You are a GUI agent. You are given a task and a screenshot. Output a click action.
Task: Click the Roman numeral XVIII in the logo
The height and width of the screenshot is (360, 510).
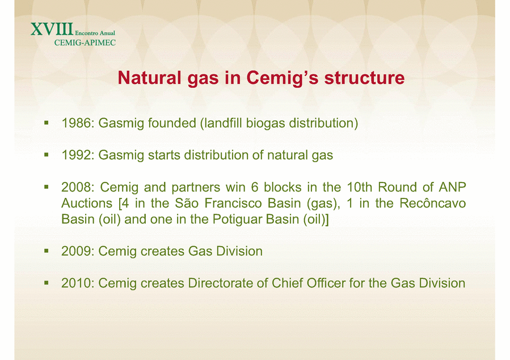tap(52, 29)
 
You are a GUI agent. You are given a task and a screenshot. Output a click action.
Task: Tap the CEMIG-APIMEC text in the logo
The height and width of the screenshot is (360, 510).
tap(85, 43)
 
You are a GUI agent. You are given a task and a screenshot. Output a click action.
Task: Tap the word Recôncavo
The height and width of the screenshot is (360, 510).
tap(433, 204)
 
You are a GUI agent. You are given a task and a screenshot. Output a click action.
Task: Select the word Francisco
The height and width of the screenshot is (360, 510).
tap(233, 204)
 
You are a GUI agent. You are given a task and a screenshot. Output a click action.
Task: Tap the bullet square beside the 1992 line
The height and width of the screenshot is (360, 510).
tap(47, 155)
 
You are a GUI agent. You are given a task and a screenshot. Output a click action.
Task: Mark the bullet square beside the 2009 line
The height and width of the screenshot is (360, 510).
tap(47, 251)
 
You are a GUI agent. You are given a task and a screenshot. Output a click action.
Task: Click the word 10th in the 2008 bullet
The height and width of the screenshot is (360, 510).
tap(360, 187)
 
